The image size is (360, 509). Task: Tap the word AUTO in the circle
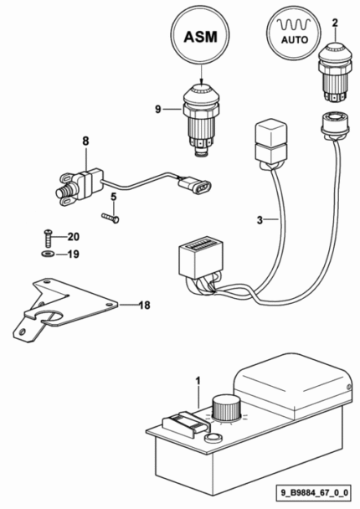tap(295, 40)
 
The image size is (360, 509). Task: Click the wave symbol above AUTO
tap(293, 24)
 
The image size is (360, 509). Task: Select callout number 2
tap(335, 23)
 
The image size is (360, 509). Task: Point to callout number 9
tap(157, 109)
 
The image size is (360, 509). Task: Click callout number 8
tap(85, 141)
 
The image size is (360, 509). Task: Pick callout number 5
tap(113, 197)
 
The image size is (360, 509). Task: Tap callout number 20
tap(74, 237)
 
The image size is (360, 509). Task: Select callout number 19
tap(74, 254)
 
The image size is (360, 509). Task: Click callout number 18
tap(145, 305)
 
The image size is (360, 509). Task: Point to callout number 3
tap(260, 220)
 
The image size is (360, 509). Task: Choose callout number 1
tap(198, 380)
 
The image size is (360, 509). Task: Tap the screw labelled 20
tap(47, 238)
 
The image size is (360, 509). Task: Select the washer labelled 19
tap(48, 254)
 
